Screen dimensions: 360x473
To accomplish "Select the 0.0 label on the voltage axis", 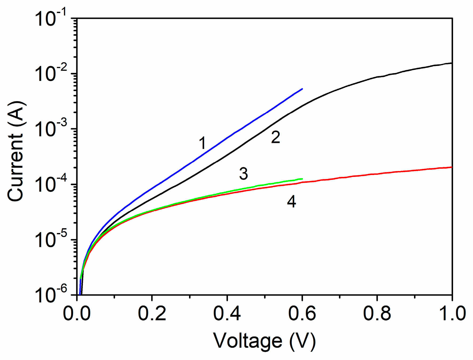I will [x=77, y=313].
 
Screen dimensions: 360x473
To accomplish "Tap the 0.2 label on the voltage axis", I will [x=152, y=313].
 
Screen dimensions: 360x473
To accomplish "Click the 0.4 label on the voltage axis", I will [x=227, y=313].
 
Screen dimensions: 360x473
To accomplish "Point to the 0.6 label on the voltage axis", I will [x=302, y=313].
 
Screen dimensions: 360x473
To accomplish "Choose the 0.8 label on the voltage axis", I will [x=377, y=313].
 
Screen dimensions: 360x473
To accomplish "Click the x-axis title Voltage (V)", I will [x=264, y=341].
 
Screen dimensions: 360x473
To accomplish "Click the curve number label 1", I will [x=203, y=143].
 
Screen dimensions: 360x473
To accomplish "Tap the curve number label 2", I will [x=275, y=137].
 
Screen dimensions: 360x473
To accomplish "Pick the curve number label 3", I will [x=243, y=174].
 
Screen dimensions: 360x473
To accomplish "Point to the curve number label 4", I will [x=291, y=202].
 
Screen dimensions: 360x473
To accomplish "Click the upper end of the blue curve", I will [x=302, y=89].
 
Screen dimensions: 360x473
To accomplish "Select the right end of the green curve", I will [x=302, y=179].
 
